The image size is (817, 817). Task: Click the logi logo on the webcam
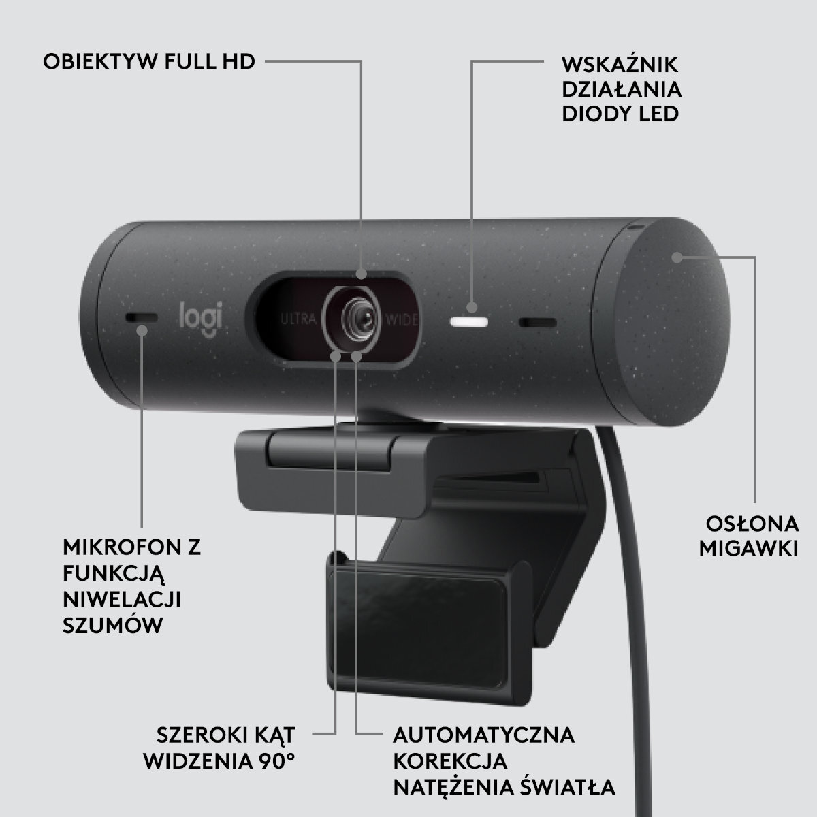click(x=201, y=318)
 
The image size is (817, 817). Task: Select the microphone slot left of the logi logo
click(x=142, y=319)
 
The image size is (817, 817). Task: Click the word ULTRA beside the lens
click(x=298, y=318)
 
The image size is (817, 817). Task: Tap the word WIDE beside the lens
click(x=402, y=319)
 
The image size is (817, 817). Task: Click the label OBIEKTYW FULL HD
click(x=149, y=62)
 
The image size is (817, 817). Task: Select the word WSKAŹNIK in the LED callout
click(x=620, y=65)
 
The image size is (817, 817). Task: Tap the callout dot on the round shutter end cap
click(x=676, y=257)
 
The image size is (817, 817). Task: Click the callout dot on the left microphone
click(x=142, y=331)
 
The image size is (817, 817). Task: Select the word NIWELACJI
click(x=125, y=600)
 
